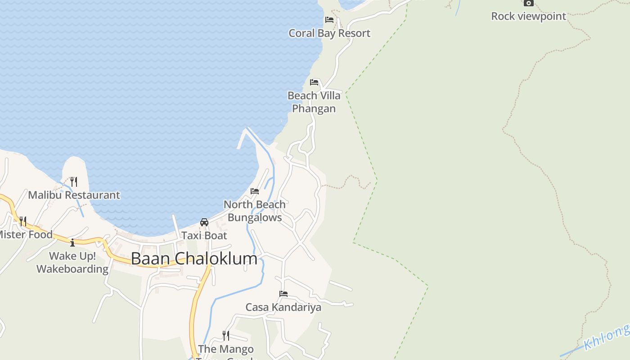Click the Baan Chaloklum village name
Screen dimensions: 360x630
click(x=194, y=258)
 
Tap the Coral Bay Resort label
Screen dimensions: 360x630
click(x=329, y=33)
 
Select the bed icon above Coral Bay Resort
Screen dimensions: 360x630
click(x=329, y=20)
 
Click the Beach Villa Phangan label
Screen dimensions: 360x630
click(x=314, y=102)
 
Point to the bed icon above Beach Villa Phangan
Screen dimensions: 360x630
click(x=314, y=82)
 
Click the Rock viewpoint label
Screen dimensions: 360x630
click(x=528, y=16)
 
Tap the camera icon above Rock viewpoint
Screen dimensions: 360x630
click(x=528, y=3)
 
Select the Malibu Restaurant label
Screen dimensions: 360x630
click(x=74, y=195)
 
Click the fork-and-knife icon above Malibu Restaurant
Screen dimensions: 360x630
click(x=74, y=182)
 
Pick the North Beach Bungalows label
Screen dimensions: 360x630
click(x=255, y=211)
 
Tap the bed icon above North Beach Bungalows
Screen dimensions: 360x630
click(x=255, y=191)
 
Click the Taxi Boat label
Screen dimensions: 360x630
click(x=204, y=235)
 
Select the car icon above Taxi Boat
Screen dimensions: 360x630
click(x=204, y=222)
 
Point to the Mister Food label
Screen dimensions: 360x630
click(x=25, y=234)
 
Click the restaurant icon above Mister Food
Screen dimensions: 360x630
click(x=23, y=221)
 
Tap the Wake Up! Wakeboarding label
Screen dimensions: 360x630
click(x=72, y=262)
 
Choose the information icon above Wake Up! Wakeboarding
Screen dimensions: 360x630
click(x=72, y=243)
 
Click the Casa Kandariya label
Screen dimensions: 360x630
click(x=283, y=307)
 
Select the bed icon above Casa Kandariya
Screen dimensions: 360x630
click(x=283, y=294)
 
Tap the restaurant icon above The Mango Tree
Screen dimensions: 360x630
click(x=226, y=336)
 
